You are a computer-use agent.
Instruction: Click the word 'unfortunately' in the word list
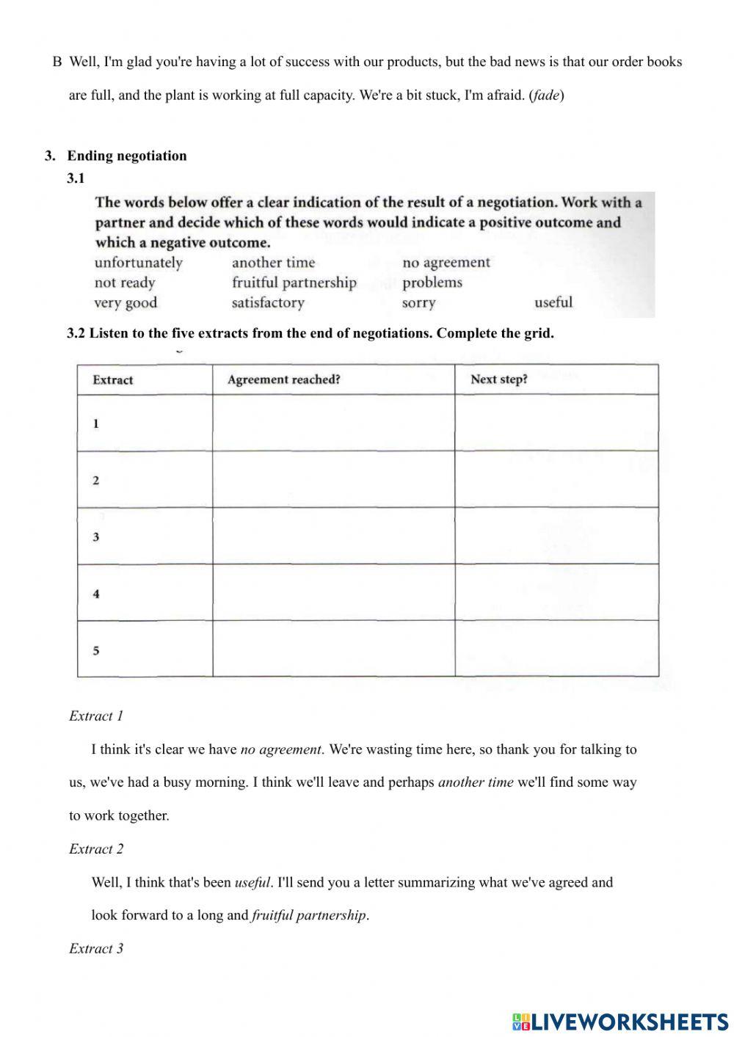pos(138,263)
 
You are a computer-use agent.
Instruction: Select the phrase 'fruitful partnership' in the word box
pos(294,283)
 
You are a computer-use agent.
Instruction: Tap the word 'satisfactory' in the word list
pos(268,302)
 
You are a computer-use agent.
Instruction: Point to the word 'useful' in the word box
pos(553,302)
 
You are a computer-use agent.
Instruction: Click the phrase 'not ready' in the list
pos(125,283)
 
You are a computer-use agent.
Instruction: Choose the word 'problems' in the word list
pos(432,283)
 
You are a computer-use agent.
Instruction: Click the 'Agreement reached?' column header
pos(283,379)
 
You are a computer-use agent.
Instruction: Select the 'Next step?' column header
pos(499,379)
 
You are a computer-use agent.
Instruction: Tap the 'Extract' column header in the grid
pos(113,380)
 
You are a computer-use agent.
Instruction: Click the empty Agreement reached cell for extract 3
pos(333,536)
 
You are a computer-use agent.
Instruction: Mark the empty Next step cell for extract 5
pos(556,649)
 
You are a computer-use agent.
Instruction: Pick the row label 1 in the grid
pos(96,423)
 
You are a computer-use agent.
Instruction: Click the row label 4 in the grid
pos(96,594)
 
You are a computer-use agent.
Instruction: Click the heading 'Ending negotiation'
pos(127,156)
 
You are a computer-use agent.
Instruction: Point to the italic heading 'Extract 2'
pos(96,849)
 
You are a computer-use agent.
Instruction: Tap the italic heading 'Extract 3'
pos(96,948)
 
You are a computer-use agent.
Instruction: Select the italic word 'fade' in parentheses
pos(546,95)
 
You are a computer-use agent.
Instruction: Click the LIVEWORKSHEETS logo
pos(620,1021)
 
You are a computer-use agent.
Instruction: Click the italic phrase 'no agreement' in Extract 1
pos(280,749)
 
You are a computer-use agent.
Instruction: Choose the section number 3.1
pos(76,178)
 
